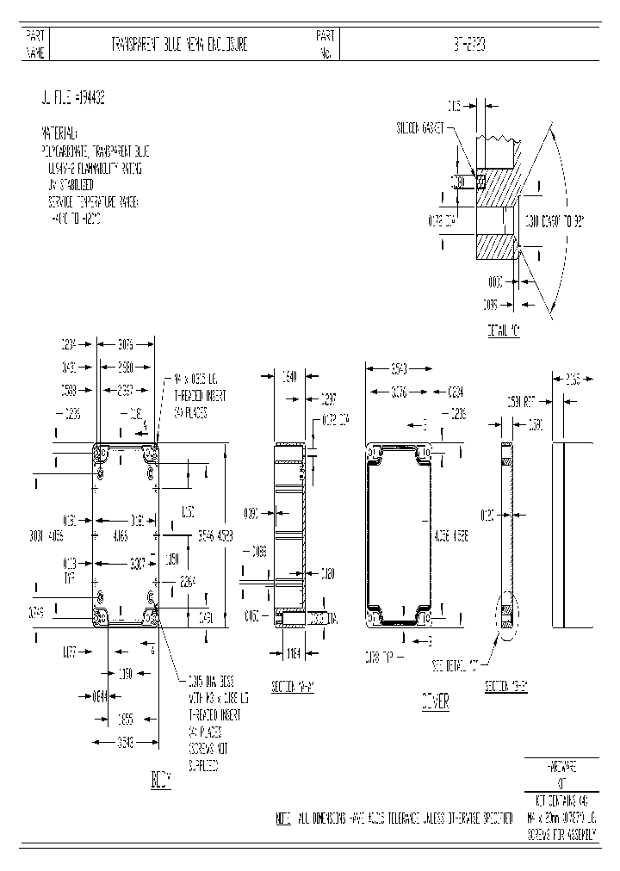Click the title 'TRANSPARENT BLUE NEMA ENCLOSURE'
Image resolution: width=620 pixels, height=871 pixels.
coord(179,45)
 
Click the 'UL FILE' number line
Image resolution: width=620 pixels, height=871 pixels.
coord(73,100)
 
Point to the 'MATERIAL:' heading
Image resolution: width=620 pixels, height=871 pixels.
coord(59,134)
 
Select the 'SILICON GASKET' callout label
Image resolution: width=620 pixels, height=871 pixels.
coord(419,127)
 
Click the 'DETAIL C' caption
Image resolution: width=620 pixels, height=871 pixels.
coord(504,330)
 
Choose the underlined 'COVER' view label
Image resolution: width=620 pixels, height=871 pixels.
coord(435,702)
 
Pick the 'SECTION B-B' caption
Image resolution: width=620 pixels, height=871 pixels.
coord(507,686)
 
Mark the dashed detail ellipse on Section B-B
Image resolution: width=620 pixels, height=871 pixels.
coord(505,616)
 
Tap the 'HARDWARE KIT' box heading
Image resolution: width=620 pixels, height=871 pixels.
coord(561,771)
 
